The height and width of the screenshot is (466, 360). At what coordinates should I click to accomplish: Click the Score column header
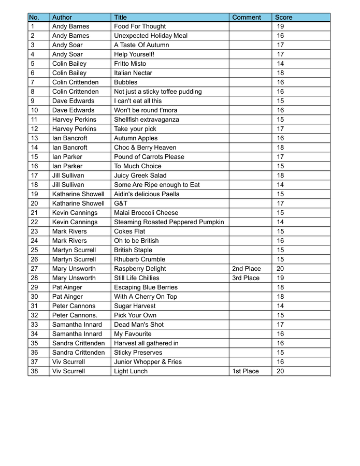283,17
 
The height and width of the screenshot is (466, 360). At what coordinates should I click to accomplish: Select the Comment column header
247,17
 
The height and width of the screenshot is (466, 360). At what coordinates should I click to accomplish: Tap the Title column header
120,17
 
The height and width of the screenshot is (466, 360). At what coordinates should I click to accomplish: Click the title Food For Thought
140,26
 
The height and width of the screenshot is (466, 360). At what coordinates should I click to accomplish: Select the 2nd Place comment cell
247,269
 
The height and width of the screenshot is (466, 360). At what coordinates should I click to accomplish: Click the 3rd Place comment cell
246,278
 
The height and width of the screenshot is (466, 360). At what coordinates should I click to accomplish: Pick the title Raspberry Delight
140,269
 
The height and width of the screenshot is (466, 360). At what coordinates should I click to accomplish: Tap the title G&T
121,203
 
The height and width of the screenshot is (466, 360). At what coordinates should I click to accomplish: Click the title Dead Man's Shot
139,325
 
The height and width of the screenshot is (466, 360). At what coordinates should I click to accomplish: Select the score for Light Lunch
280,371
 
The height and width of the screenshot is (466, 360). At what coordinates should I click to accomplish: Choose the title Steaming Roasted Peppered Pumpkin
169,222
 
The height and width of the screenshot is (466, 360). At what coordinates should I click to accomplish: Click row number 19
35,194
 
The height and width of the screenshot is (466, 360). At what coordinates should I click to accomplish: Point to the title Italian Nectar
133,73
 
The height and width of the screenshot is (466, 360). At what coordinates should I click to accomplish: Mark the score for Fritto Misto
280,64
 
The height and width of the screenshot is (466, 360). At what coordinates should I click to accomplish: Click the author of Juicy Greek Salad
68,176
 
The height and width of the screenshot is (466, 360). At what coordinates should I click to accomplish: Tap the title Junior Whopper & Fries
148,362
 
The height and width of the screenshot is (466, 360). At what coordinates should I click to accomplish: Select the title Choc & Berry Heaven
145,148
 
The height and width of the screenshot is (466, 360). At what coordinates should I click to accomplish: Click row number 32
35,315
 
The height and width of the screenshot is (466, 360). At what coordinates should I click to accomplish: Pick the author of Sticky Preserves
78,353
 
